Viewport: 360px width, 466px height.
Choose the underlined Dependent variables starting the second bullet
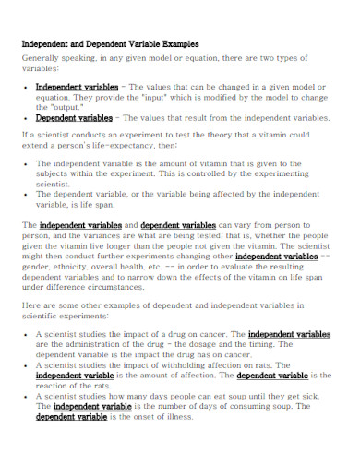point(74,118)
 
